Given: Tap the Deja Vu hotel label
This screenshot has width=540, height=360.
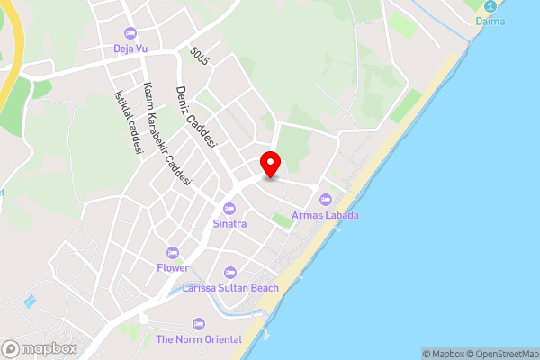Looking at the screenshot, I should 130,49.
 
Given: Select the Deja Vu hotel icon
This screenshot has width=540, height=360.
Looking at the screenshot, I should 130,33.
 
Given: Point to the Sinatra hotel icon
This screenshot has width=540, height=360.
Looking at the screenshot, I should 229,208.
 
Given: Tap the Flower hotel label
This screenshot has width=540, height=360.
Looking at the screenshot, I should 172,267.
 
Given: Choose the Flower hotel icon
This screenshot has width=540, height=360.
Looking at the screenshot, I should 172,253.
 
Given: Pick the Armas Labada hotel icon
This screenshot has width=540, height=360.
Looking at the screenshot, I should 326,200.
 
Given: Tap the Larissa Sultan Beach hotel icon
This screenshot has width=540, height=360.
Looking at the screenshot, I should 229,273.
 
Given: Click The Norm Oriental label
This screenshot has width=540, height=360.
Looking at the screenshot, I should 199,339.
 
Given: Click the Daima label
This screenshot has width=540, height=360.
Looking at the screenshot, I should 490,21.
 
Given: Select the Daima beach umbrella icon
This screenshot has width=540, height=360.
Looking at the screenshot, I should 490,5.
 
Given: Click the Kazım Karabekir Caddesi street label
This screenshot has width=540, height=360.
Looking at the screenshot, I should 167,134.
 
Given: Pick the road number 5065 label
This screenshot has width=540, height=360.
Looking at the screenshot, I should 200,55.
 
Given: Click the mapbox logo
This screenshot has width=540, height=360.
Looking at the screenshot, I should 40,349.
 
